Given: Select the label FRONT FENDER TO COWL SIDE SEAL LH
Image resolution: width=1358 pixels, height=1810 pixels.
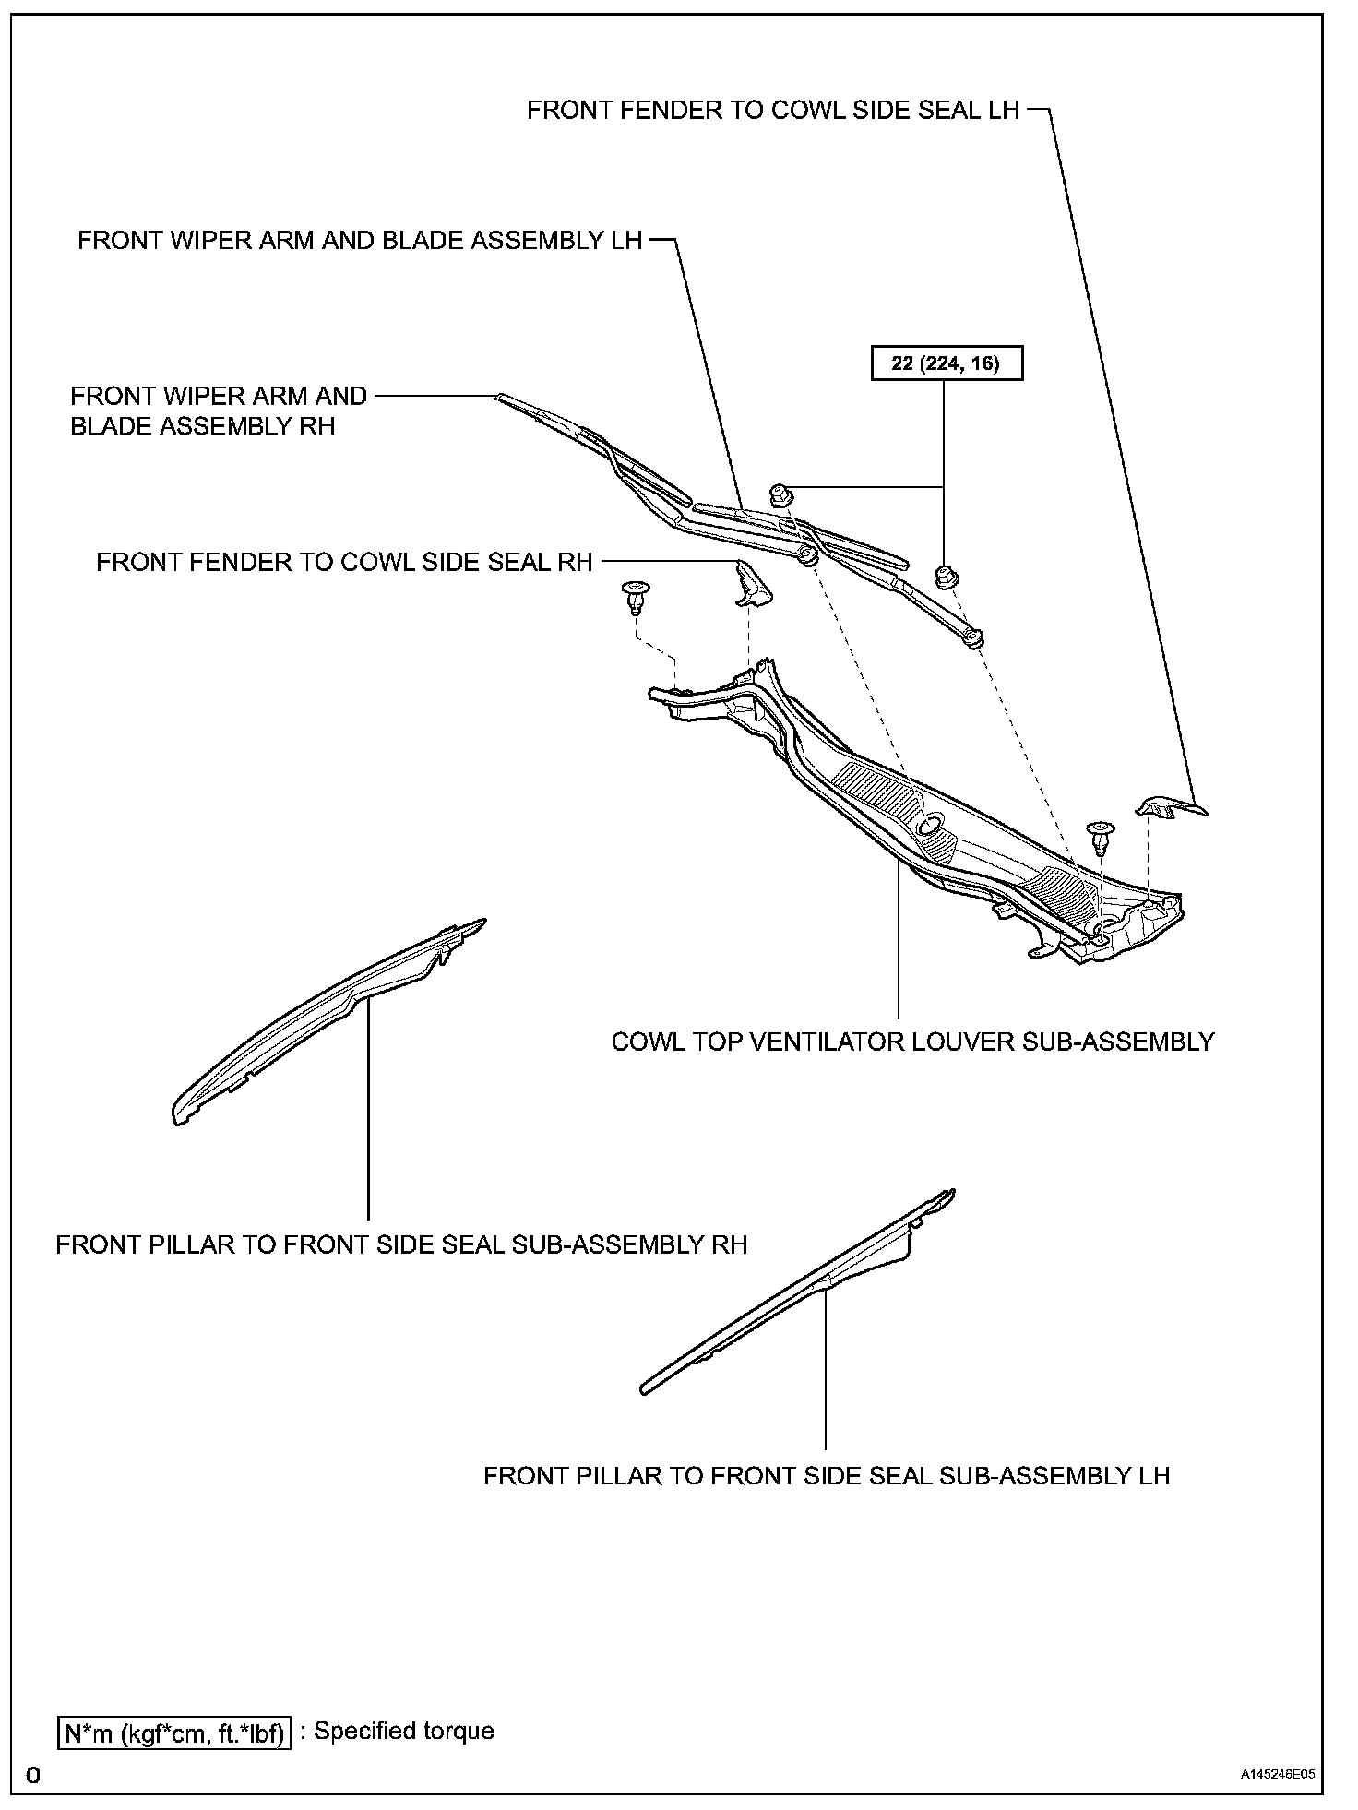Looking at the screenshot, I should coord(772,111).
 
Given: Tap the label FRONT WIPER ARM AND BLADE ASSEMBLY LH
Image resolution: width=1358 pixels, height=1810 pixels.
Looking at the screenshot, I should coord(359,241).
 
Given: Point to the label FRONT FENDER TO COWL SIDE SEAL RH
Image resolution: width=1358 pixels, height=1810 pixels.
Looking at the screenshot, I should coord(344,562).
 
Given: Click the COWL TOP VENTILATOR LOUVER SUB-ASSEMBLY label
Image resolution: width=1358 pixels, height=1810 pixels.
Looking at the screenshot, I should coord(912,1042).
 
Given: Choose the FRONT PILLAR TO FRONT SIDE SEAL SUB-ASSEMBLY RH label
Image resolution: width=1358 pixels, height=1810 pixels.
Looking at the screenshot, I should coord(401,1244).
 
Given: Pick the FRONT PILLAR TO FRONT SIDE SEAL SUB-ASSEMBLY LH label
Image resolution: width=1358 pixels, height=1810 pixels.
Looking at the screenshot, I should coord(827,1475).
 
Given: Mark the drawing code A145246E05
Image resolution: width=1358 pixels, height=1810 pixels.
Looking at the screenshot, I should coord(1277,1773).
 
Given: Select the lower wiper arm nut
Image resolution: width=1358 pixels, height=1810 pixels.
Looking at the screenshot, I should coord(945,576).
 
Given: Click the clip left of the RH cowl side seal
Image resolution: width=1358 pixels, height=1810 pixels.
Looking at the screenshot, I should coord(635,596).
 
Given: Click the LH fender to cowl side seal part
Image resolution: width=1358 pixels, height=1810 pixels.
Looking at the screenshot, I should coord(1169,808).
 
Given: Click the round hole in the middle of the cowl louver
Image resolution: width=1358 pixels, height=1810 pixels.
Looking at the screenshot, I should coord(931,823).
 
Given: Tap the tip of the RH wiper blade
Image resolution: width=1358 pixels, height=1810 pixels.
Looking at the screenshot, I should coord(499,398).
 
